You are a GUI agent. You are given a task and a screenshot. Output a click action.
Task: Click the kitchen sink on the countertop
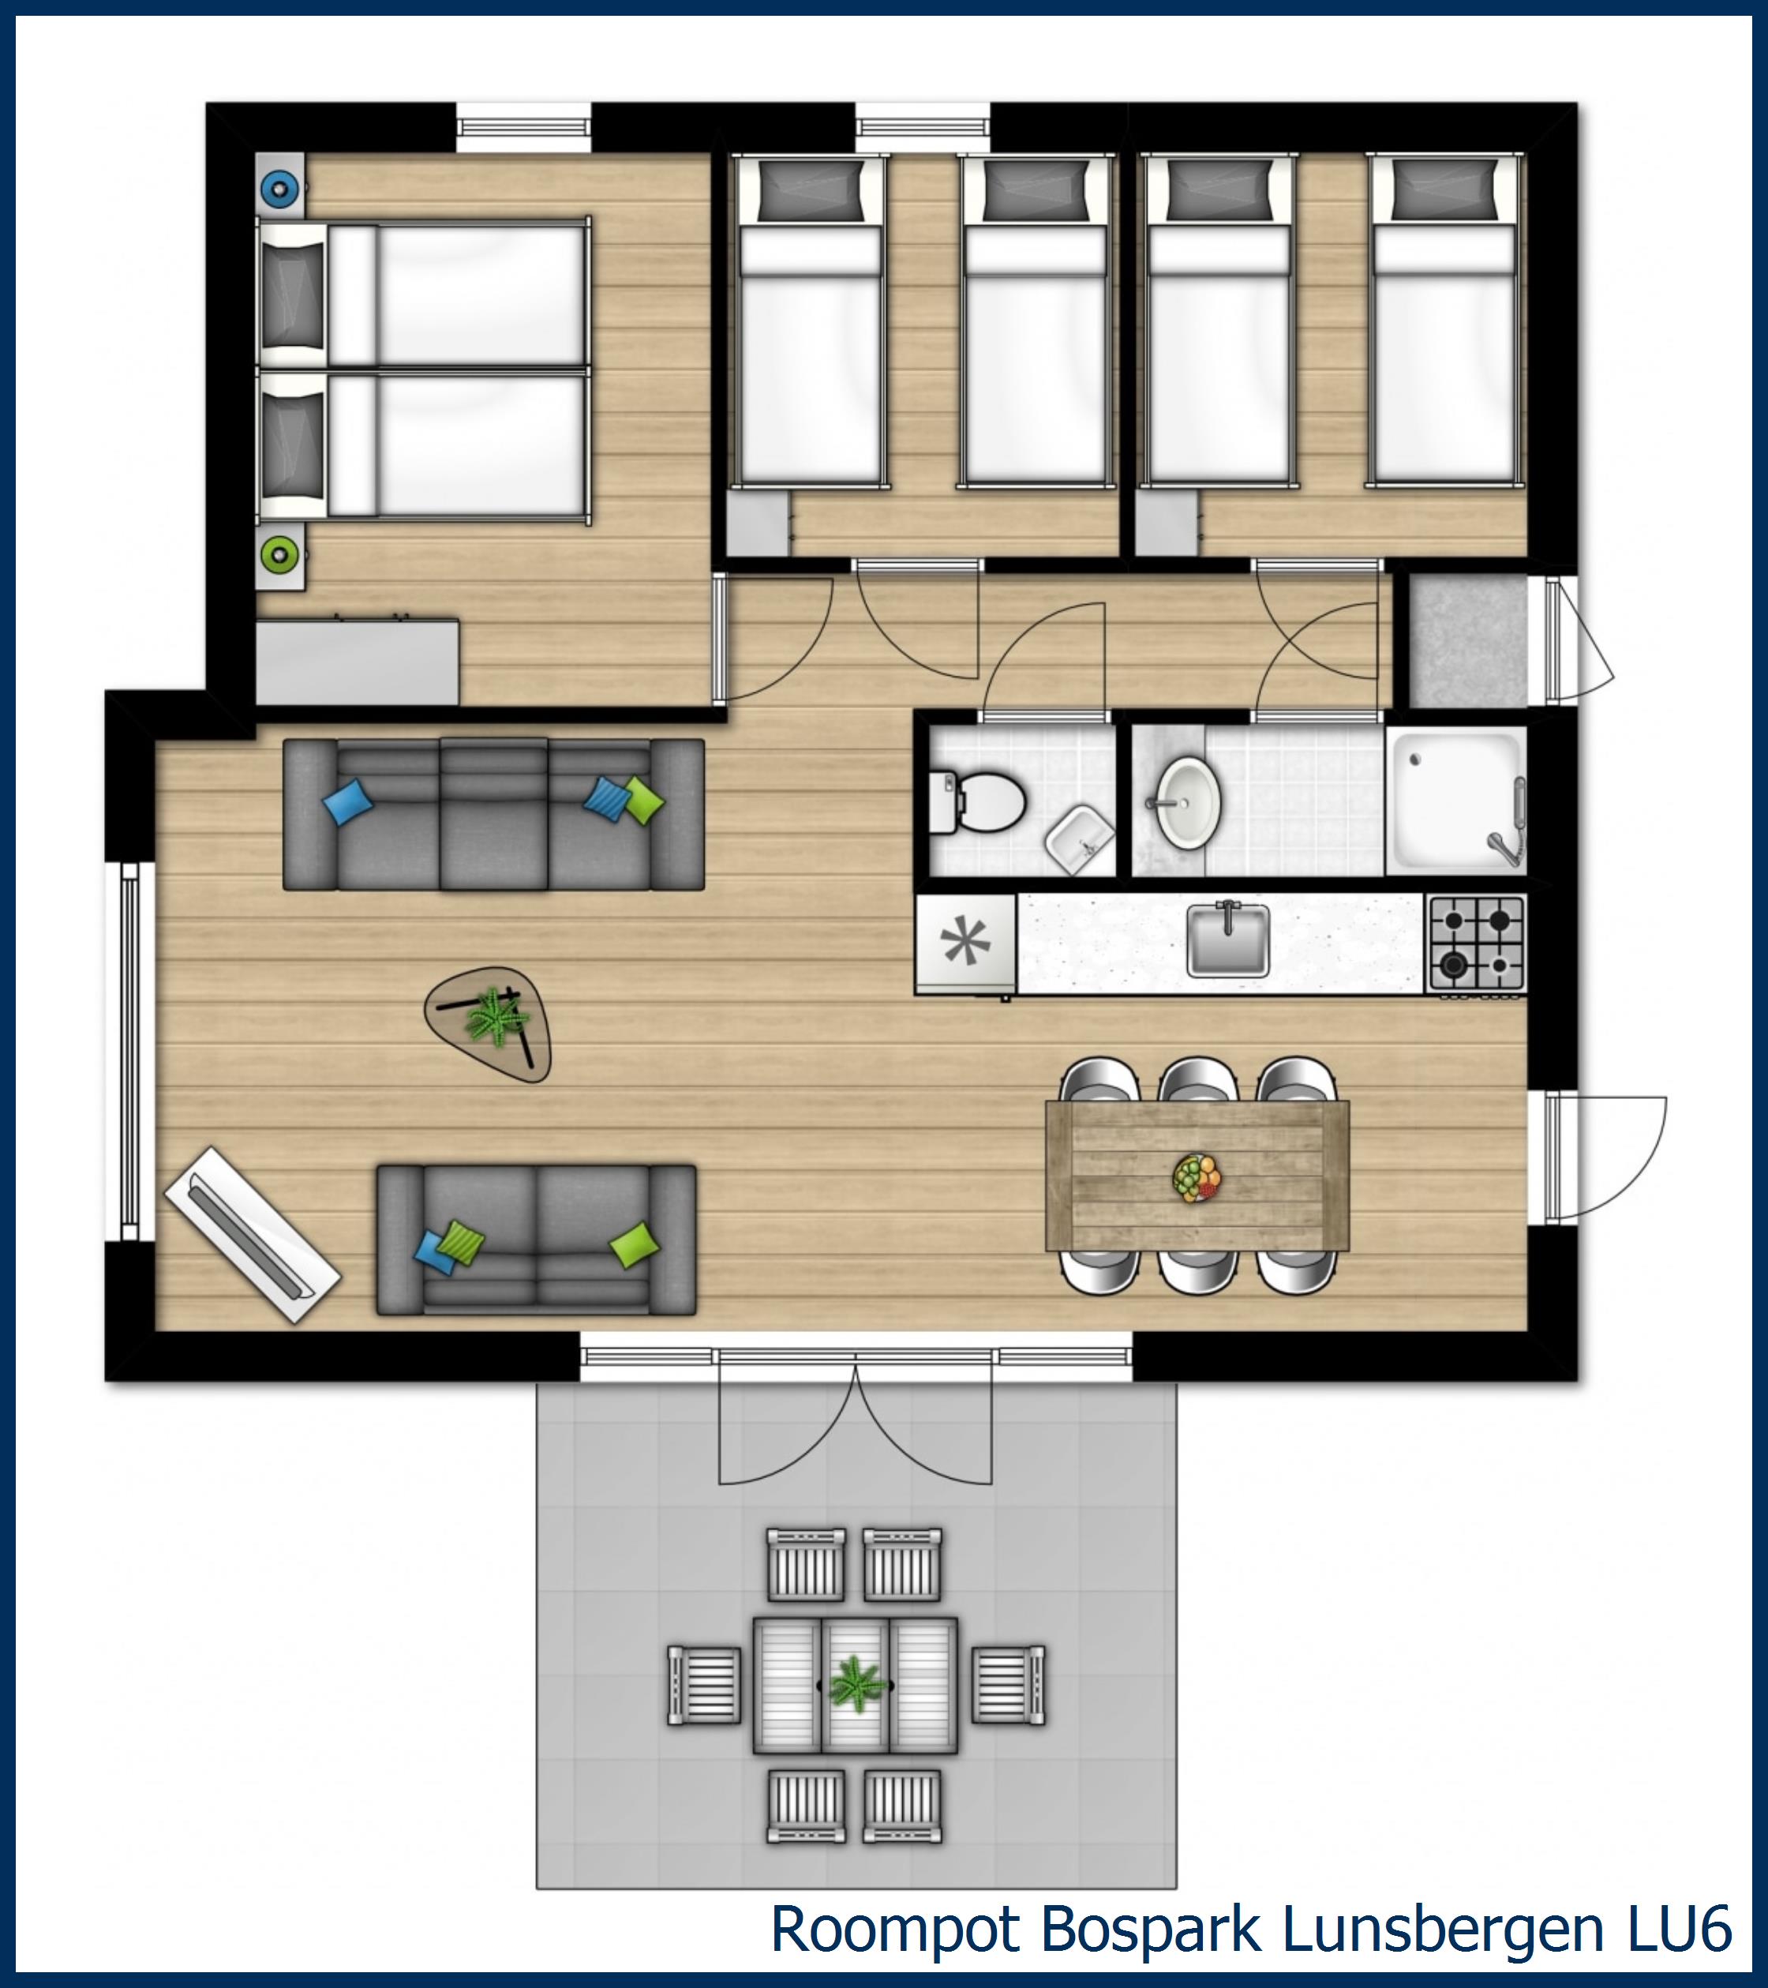1227,940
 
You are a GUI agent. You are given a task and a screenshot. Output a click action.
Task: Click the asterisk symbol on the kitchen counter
965,941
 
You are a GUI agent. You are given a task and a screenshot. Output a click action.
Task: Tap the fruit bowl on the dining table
1197,1178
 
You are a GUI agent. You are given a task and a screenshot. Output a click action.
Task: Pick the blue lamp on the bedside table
280,189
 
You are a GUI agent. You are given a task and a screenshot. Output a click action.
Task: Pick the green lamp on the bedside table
280,555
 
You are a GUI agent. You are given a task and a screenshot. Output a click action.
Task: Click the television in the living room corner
252,1236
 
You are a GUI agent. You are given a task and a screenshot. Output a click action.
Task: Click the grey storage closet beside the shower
1466,642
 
